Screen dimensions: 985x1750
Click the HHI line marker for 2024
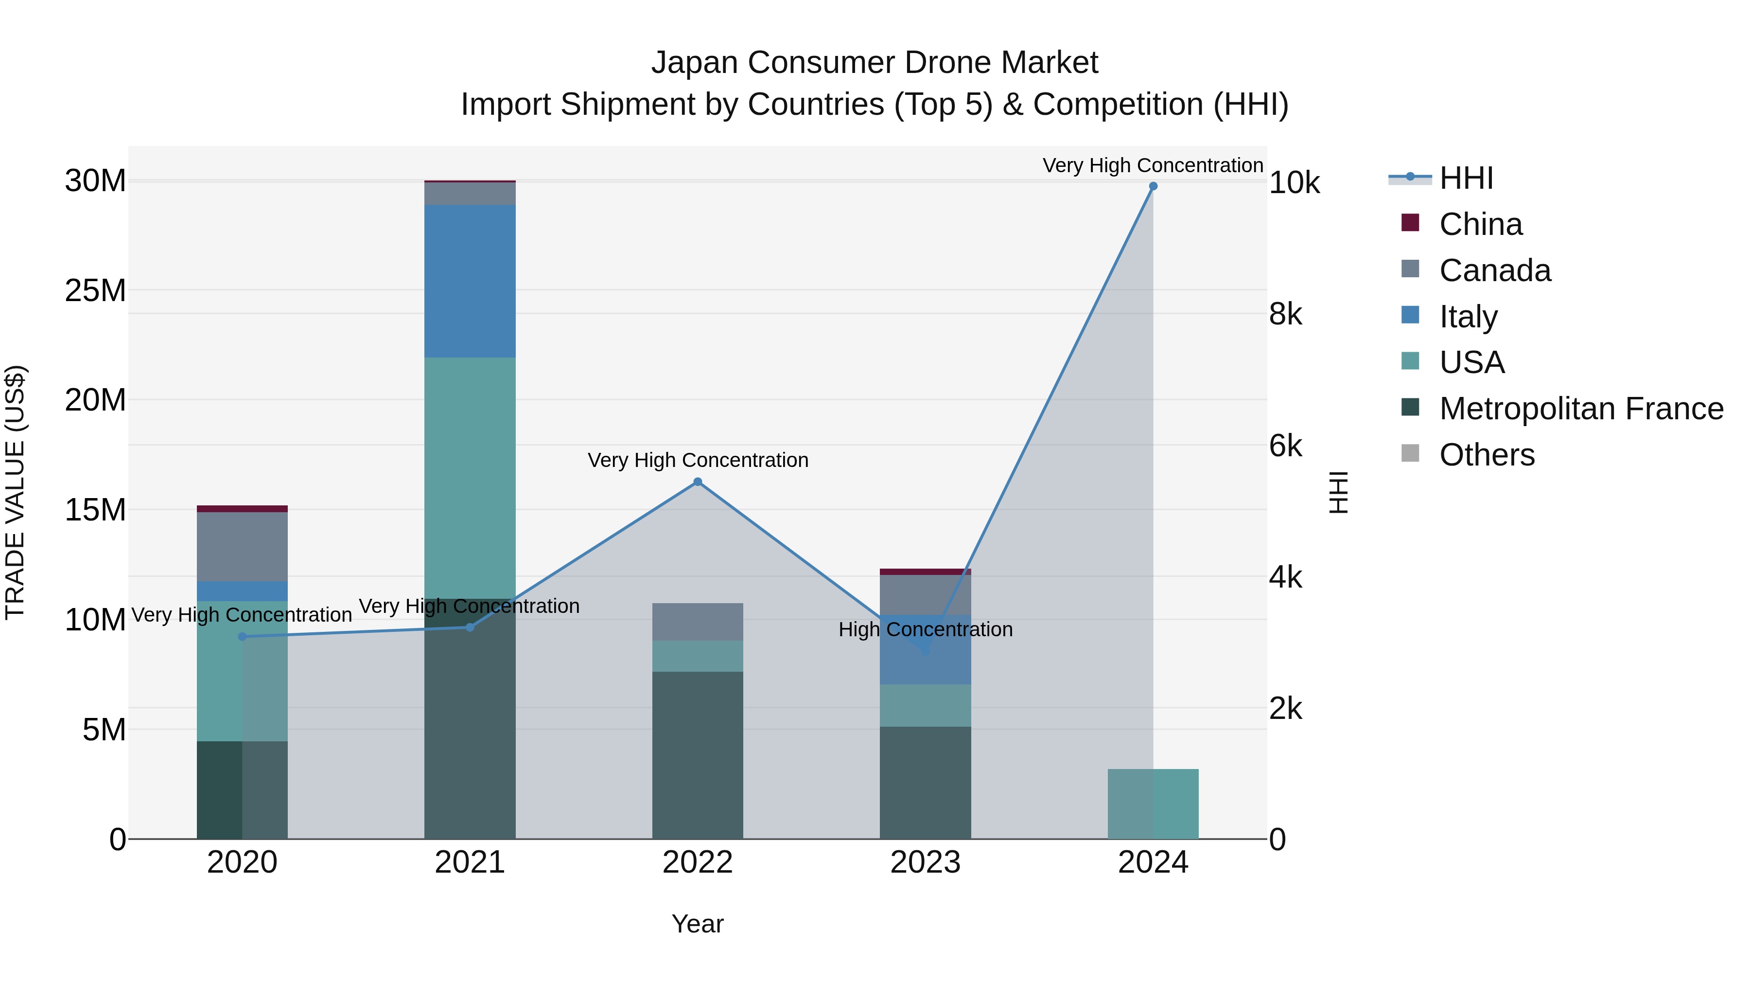(x=1153, y=186)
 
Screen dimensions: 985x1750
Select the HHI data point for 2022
(x=698, y=482)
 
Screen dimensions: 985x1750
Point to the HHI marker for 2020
(x=243, y=637)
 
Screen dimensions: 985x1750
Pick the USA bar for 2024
(x=1153, y=804)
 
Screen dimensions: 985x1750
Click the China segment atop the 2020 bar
(x=243, y=508)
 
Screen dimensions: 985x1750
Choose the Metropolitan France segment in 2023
(x=925, y=782)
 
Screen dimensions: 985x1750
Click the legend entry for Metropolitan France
(x=1581, y=409)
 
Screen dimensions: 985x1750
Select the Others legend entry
(x=1487, y=455)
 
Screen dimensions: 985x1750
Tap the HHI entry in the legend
(x=1466, y=178)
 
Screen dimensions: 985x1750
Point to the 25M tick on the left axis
(x=95, y=291)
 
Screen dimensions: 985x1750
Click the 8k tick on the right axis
(x=1285, y=315)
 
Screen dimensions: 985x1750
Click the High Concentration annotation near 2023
(x=925, y=629)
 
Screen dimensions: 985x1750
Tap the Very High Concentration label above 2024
(x=1153, y=165)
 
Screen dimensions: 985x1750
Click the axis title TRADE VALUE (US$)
(x=15, y=492)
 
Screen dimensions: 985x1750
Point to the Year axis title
(x=698, y=924)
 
